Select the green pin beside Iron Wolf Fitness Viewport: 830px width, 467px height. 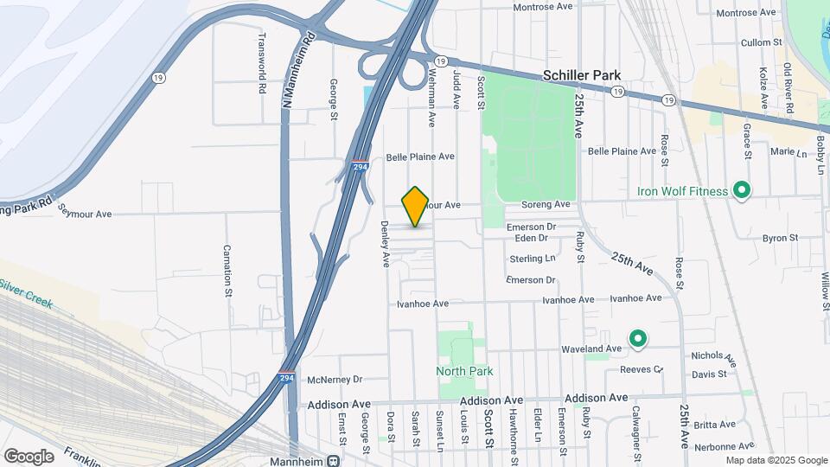741,189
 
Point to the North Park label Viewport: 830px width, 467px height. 464,372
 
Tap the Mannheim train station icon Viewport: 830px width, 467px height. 334,460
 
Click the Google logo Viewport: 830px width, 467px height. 29,457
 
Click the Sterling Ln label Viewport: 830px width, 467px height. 532,259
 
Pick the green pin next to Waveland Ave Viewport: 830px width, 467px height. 638,339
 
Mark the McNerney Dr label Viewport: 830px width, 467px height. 335,379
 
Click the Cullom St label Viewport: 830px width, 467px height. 761,42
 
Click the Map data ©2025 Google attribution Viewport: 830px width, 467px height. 776,460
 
